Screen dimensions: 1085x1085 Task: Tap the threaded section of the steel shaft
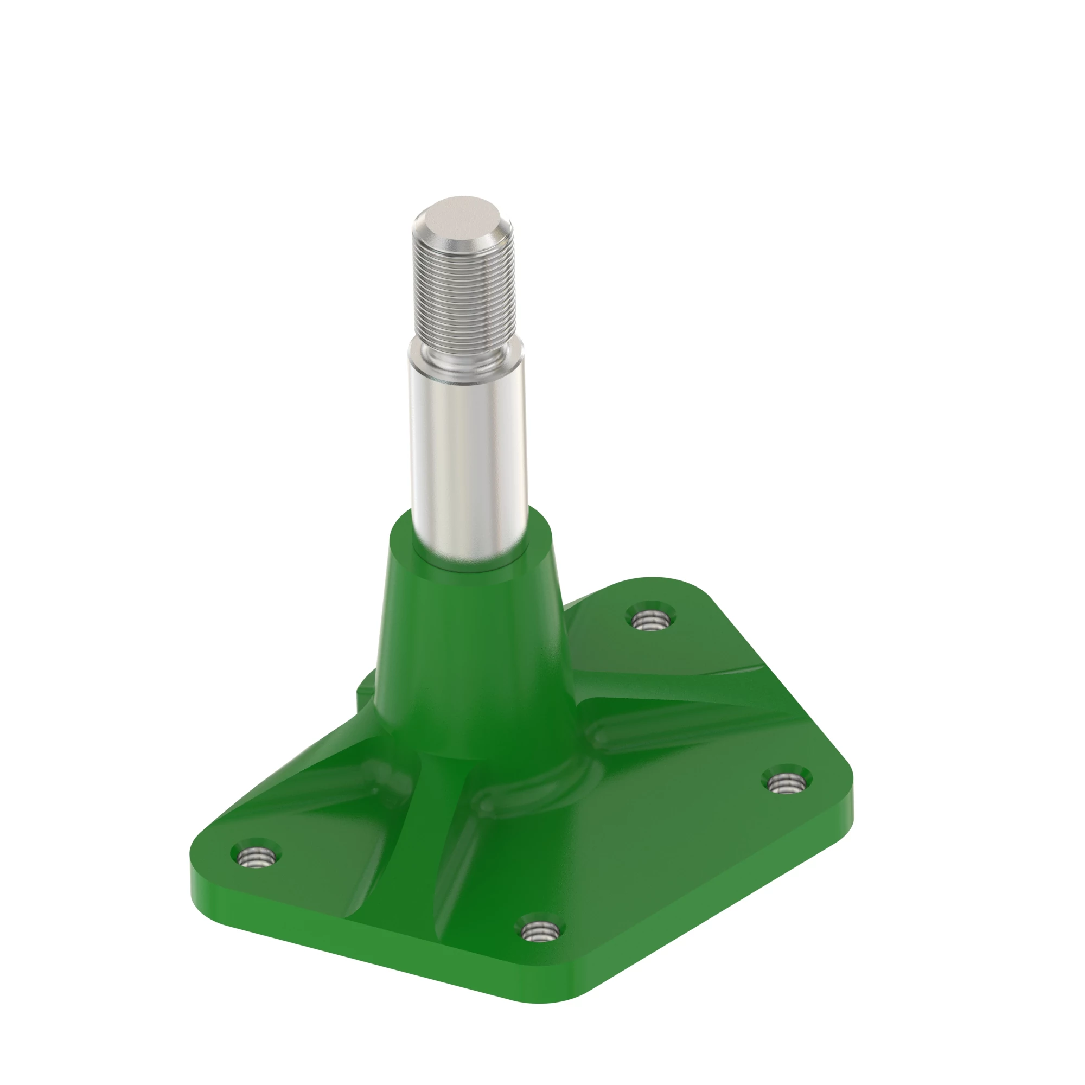click(x=464, y=292)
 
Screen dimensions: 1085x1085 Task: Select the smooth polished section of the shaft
click(x=468, y=449)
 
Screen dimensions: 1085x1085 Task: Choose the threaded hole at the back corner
click(x=650, y=620)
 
